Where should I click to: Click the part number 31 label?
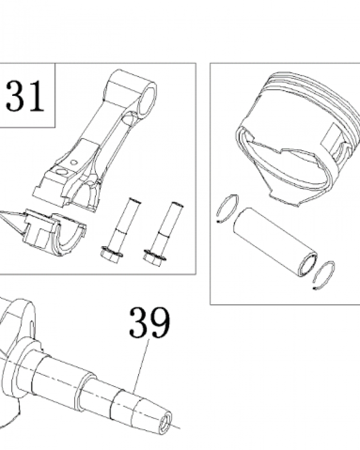(x=25, y=96)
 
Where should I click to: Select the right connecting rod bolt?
(x=163, y=233)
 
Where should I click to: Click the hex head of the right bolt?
(x=153, y=258)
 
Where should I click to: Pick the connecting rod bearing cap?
(x=54, y=232)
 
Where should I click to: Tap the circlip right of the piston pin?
(x=324, y=275)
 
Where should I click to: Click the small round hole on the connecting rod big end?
(x=74, y=162)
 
